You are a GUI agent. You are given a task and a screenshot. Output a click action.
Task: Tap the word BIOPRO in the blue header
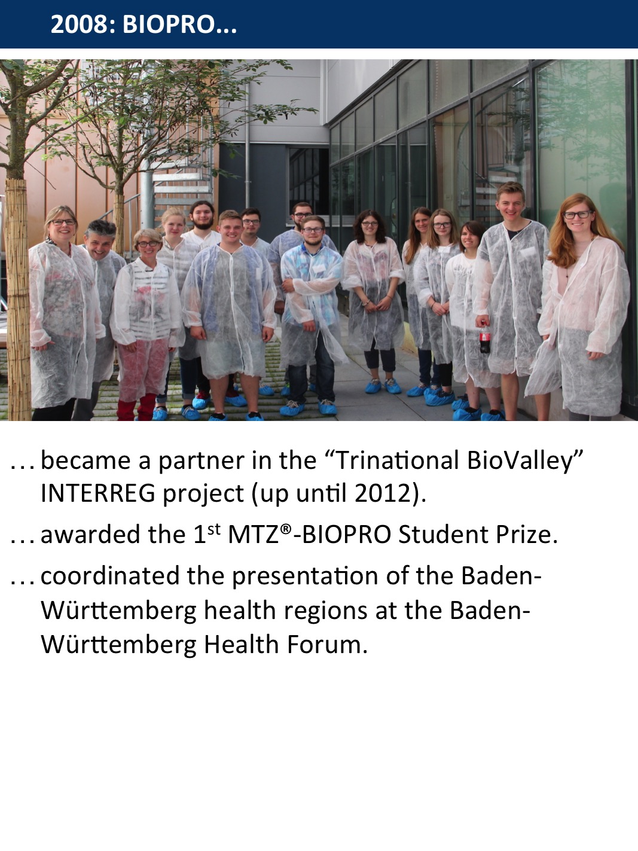tap(169, 24)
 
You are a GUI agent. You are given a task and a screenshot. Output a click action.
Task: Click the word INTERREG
tap(97, 493)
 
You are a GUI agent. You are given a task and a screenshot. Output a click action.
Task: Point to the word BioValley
tap(520, 460)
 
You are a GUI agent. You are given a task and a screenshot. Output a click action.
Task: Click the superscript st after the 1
tap(213, 529)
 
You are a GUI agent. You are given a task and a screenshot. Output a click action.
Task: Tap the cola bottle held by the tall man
tap(485, 339)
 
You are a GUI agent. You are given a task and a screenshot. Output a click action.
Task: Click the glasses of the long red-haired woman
tap(578, 215)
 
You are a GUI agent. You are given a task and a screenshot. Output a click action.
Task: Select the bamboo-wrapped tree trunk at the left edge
tap(17, 299)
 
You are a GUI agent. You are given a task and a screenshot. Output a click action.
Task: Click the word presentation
tap(305, 576)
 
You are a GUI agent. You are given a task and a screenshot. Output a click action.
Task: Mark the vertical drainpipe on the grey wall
tap(248, 147)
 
